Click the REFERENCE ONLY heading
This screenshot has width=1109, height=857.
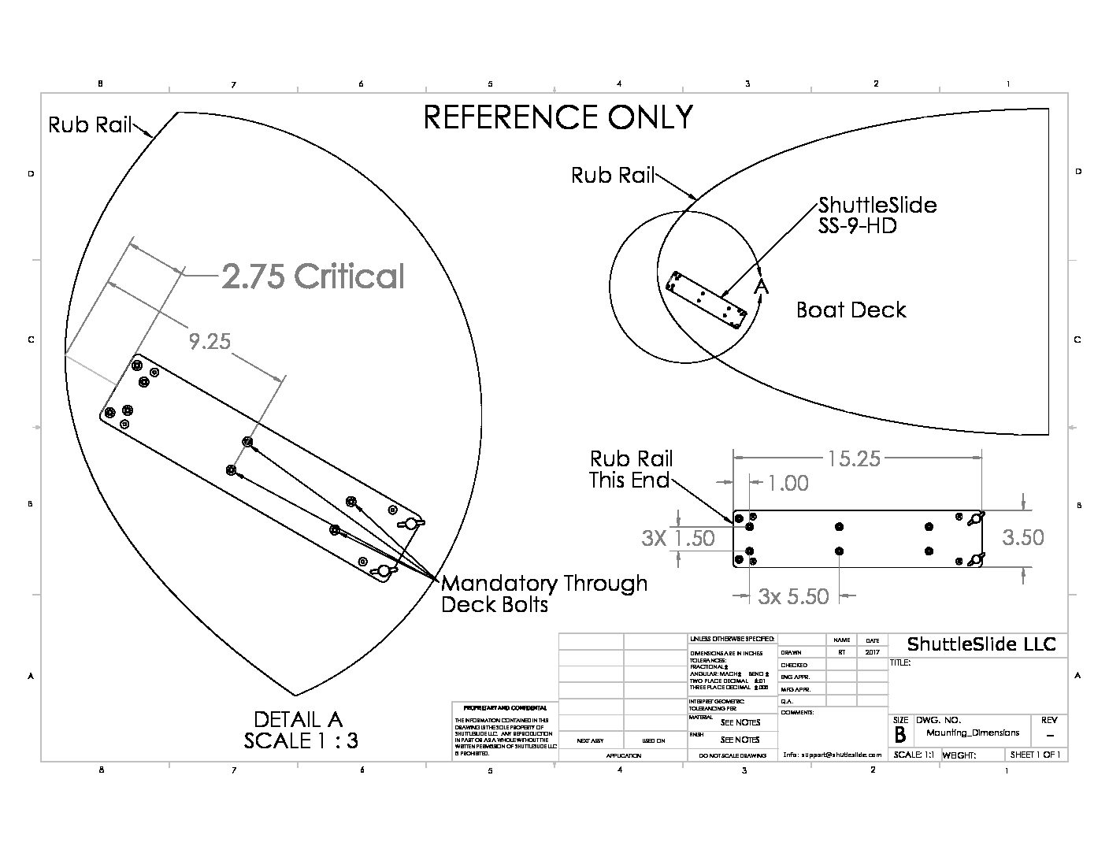point(558,117)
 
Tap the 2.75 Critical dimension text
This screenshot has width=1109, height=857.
point(313,276)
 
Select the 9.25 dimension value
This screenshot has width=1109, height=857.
point(210,341)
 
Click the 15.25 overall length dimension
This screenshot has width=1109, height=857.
point(854,458)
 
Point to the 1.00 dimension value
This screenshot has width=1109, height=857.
point(788,483)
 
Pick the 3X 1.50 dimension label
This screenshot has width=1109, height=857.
point(678,538)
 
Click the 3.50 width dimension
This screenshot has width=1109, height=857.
point(1022,537)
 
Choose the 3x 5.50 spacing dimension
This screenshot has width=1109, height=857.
point(793,596)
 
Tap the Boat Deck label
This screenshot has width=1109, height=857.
point(851,310)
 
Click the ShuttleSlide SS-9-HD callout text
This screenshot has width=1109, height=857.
point(877,216)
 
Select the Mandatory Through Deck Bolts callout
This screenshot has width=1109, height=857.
point(543,594)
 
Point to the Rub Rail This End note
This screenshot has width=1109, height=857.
point(631,469)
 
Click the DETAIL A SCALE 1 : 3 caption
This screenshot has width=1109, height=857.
point(300,730)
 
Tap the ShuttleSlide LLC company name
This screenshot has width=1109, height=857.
point(981,644)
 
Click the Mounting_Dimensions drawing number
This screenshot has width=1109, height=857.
point(973,733)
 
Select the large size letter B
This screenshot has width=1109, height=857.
point(899,736)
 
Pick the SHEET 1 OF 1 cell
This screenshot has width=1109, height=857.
point(1035,755)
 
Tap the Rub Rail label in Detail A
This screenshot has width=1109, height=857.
point(90,124)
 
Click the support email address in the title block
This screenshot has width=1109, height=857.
point(832,755)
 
